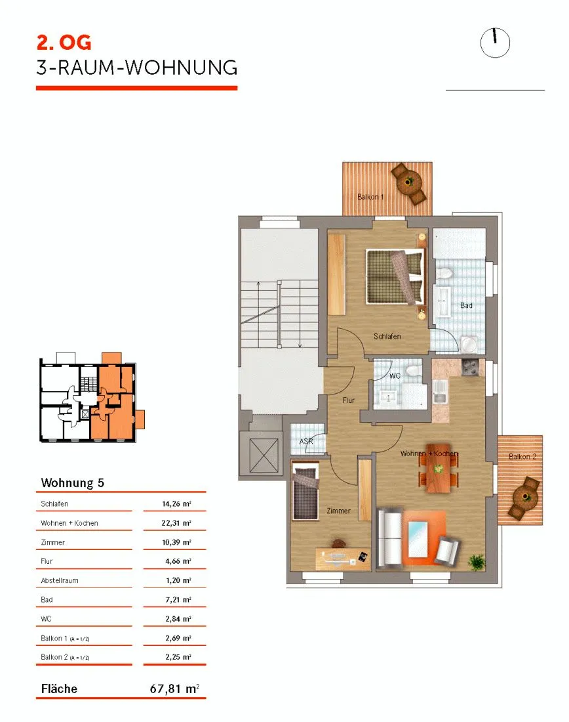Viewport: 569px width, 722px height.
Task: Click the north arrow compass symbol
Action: point(495,43)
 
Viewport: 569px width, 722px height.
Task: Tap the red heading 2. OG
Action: point(64,43)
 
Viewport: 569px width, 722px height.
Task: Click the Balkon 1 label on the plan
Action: point(370,197)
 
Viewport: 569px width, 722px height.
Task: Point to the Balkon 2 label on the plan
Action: point(522,456)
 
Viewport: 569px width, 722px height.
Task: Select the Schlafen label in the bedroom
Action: point(387,336)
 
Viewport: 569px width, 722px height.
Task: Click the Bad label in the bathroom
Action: point(467,305)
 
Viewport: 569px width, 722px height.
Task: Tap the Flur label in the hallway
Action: point(349,400)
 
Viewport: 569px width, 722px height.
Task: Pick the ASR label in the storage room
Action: point(306,441)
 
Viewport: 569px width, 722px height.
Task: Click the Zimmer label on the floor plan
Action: point(338,511)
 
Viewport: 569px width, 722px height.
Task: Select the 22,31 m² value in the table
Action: point(176,523)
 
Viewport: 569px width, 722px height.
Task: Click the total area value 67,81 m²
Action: point(174,689)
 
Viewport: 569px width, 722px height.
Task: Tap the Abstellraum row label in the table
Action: point(60,580)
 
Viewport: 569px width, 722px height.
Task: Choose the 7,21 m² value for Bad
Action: point(178,599)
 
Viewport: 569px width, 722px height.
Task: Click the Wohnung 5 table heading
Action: point(73,482)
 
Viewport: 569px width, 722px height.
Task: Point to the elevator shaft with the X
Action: point(264,456)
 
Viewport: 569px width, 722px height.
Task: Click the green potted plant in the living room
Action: point(477,561)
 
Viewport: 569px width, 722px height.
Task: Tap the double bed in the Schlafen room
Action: point(395,277)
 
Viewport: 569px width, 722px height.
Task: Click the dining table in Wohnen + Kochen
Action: point(439,468)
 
